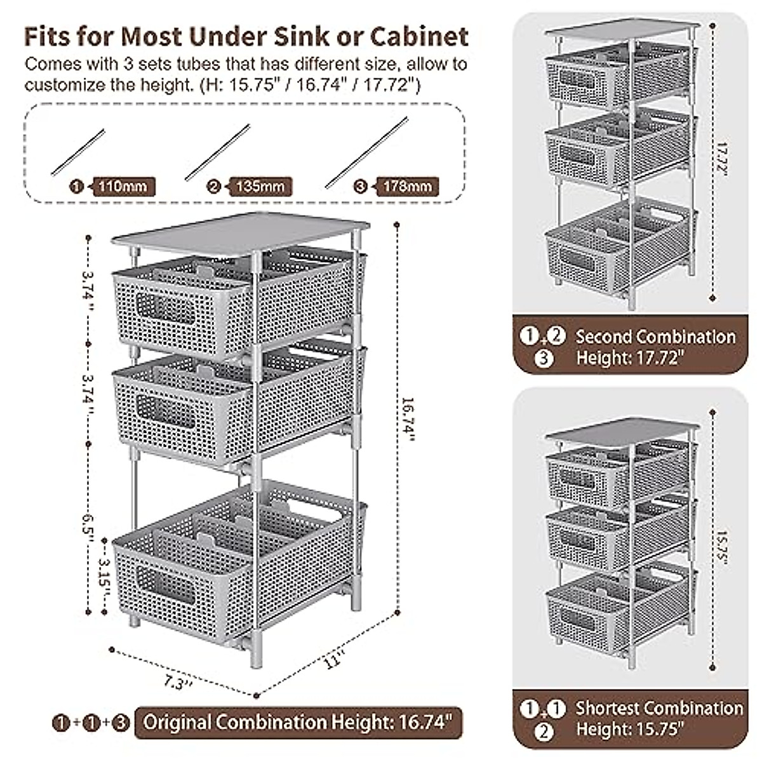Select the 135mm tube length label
[262, 187]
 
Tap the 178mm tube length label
[407, 187]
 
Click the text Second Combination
[655, 337]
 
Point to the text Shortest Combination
[659, 708]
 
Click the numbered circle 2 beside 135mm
[214, 187]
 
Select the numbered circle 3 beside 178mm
[361, 187]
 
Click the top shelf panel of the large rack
[241, 234]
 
